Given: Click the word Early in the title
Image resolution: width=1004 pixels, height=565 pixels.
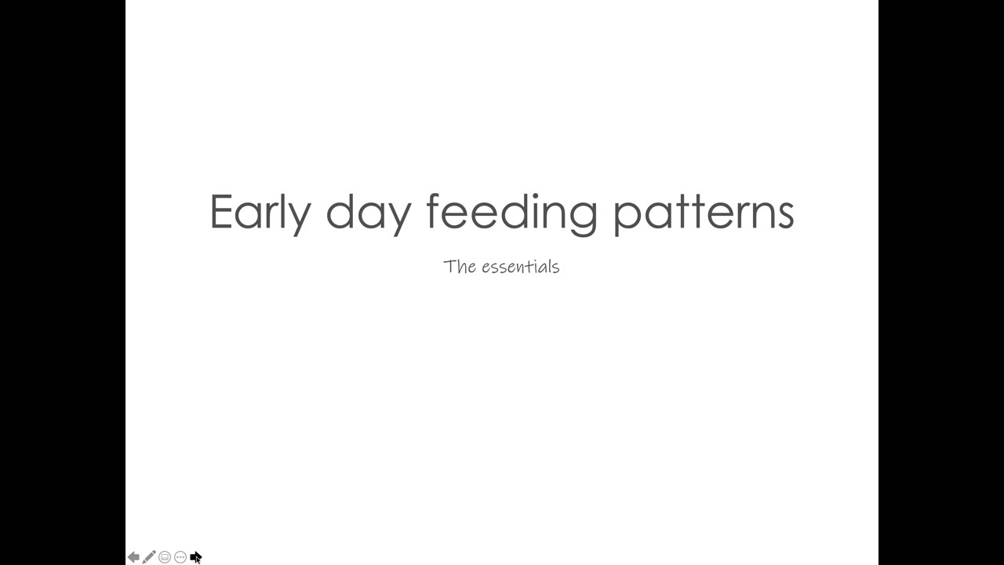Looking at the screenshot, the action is click(x=260, y=213).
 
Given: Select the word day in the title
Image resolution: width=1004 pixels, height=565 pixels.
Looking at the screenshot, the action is click(x=369, y=214).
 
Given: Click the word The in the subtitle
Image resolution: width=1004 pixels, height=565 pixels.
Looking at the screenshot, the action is click(x=460, y=266).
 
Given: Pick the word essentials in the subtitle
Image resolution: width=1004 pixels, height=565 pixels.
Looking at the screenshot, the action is click(x=521, y=266).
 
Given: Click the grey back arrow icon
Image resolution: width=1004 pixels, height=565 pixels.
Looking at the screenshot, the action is click(x=133, y=557).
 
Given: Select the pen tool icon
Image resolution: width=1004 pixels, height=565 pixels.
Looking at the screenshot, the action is click(x=149, y=557).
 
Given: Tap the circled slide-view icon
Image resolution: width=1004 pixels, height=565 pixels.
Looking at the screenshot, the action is click(x=165, y=557).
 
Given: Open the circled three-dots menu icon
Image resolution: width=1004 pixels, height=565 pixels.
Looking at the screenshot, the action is click(x=180, y=557).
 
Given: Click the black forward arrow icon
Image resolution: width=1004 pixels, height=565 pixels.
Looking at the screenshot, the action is click(x=195, y=557).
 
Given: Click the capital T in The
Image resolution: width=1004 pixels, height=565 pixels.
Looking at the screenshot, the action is click(x=449, y=266).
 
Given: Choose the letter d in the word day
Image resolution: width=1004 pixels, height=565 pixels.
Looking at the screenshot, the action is click(x=340, y=211).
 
